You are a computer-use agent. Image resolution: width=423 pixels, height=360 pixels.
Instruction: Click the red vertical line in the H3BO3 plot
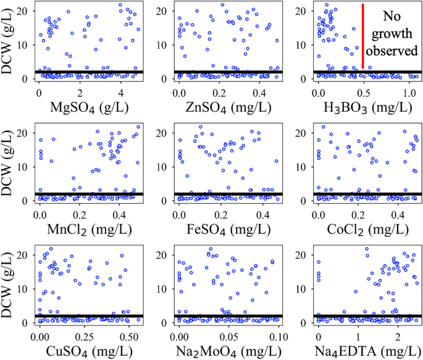[362, 37]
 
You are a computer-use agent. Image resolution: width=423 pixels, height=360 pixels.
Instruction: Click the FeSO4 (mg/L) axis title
[227, 230]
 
